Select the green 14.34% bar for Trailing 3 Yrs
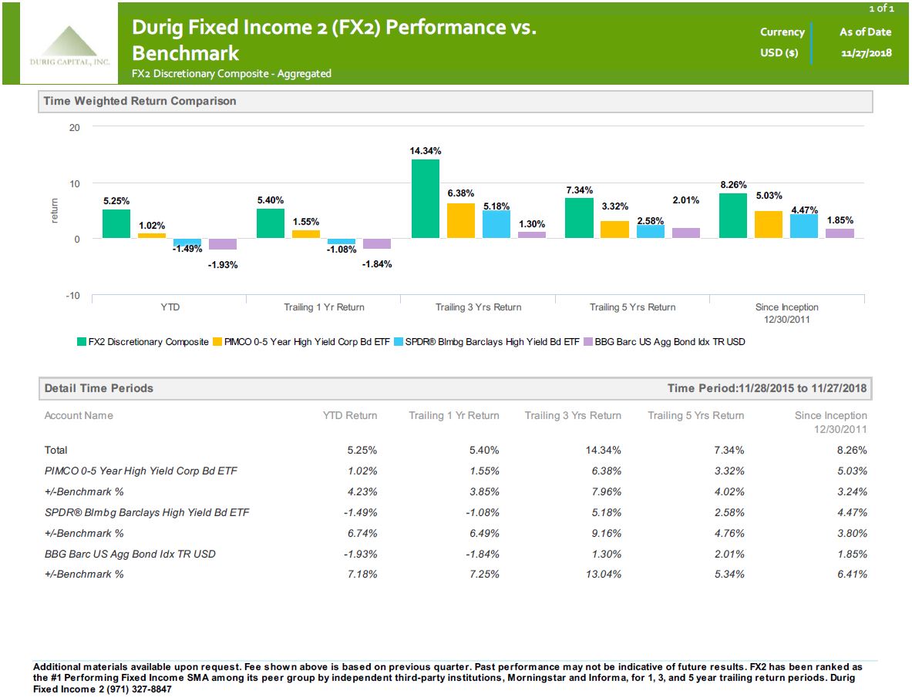tap(425, 198)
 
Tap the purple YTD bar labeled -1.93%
tap(223, 244)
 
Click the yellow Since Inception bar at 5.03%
tap(768, 224)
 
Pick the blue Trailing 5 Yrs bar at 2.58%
tap(650, 231)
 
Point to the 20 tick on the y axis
tap(75, 127)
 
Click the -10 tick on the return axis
tap(72, 297)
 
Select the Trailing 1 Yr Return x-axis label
tap(324, 307)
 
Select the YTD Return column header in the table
tap(350, 416)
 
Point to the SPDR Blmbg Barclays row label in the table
tap(146, 513)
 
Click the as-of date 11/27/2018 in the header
tap(866, 53)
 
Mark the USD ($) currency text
tap(779, 53)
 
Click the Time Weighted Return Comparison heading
tap(140, 101)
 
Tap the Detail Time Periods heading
tap(99, 388)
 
